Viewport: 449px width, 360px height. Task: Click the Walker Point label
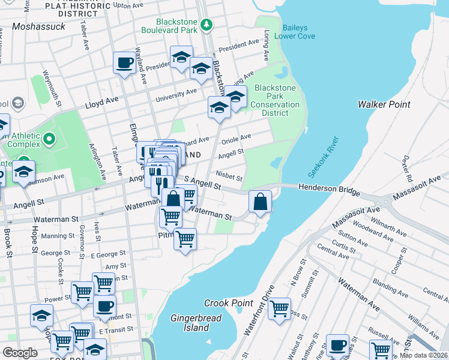coord(384,104)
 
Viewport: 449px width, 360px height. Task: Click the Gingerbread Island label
coord(196,323)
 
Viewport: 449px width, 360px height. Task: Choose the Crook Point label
coord(228,303)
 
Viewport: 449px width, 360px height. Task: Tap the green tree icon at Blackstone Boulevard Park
coord(206,25)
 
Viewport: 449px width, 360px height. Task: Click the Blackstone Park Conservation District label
coord(277,96)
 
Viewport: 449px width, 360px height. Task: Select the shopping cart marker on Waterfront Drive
coord(279,308)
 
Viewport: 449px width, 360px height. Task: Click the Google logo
coord(20,352)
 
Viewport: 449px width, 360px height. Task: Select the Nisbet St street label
coord(229,178)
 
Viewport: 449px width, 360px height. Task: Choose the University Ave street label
coord(176,95)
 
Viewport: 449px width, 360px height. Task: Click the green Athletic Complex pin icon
coord(47,140)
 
